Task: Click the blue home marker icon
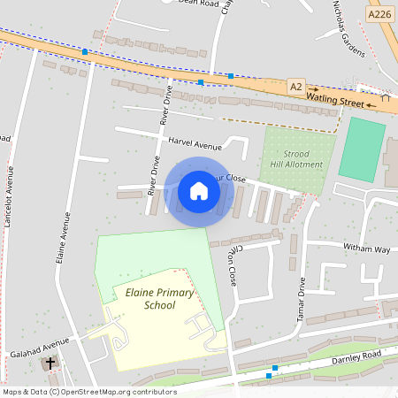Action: click(x=199, y=191)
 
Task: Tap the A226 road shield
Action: click(x=379, y=14)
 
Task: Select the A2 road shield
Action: click(x=296, y=85)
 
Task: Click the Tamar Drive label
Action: click(x=302, y=296)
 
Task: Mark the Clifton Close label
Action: click(x=233, y=265)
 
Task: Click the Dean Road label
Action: click(x=196, y=4)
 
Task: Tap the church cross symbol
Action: click(x=50, y=363)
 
